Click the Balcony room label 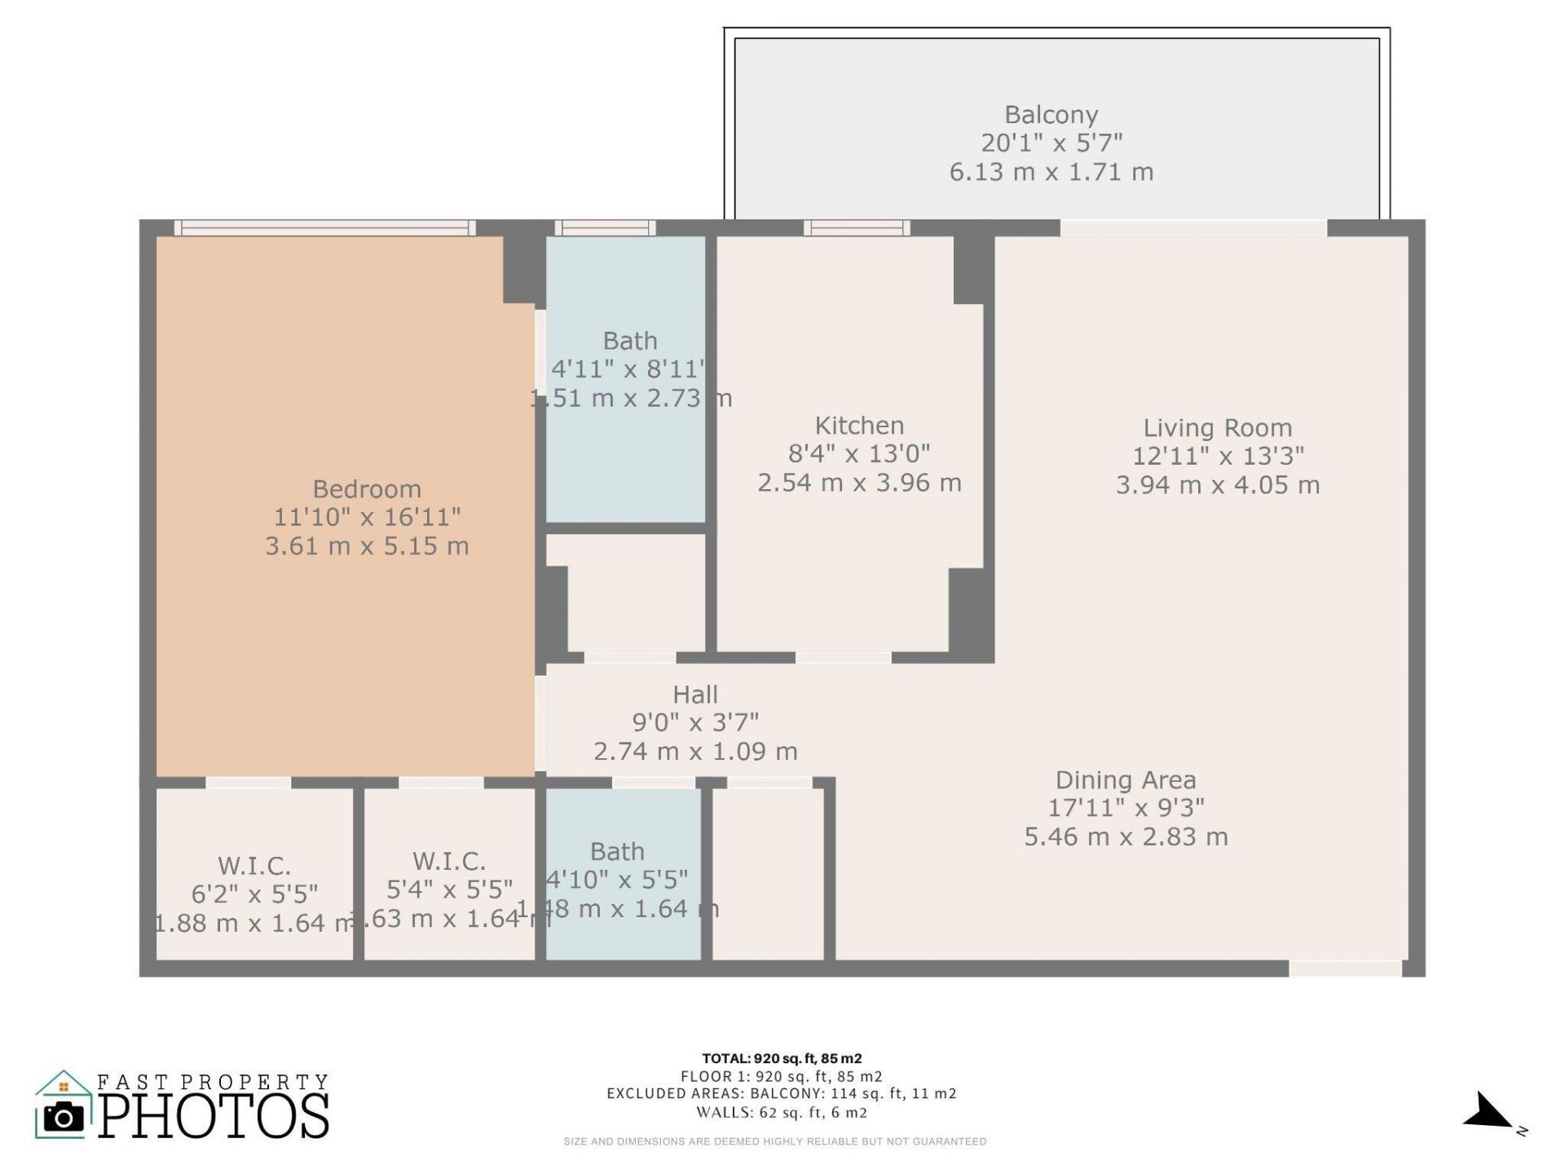click(1051, 115)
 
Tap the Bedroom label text click(367, 489)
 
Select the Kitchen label click(859, 426)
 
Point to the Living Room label click(1217, 428)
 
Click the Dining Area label click(1126, 780)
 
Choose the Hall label click(695, 695)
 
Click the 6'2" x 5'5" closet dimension click(254, 894)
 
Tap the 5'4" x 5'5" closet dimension click(449, 889)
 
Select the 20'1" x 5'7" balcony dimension click(1051, 143)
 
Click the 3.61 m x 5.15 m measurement click(367, 546)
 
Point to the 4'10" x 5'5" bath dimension click(617, 880)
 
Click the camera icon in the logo click(63, 1116)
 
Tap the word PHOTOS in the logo click(214, 1117)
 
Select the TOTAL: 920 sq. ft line click(782, 1059)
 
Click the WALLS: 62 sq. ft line click(782, 1112)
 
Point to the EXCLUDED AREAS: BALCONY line click(782, 1094)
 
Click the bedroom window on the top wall click(324, 228)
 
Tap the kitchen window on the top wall click(857, 228)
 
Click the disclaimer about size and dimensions click(774, 1141)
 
